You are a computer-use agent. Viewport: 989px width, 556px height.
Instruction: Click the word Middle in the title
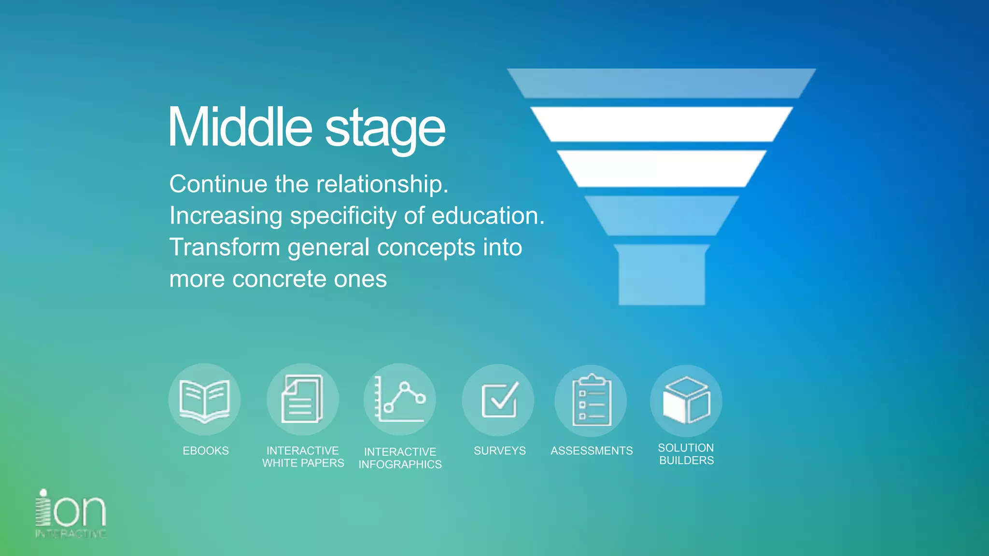240,127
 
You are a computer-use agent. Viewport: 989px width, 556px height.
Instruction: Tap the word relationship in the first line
381,184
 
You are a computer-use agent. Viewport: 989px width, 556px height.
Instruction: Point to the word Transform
225,247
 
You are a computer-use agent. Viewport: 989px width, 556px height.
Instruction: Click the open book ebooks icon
204,400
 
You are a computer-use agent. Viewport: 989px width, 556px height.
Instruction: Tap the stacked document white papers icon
302,400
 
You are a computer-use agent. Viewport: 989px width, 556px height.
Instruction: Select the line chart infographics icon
400,400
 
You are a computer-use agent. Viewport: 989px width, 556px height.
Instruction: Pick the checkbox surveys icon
498,400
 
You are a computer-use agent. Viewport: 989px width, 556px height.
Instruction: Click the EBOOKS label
206,451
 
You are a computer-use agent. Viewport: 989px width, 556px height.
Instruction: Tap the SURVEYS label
500,451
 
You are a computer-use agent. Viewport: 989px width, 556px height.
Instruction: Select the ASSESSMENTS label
592,451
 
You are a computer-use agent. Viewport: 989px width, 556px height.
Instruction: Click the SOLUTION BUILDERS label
686,454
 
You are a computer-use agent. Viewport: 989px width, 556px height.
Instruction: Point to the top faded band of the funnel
661,83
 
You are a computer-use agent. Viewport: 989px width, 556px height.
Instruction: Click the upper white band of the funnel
661,125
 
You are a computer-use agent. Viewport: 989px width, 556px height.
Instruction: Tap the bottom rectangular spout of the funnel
662,275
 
